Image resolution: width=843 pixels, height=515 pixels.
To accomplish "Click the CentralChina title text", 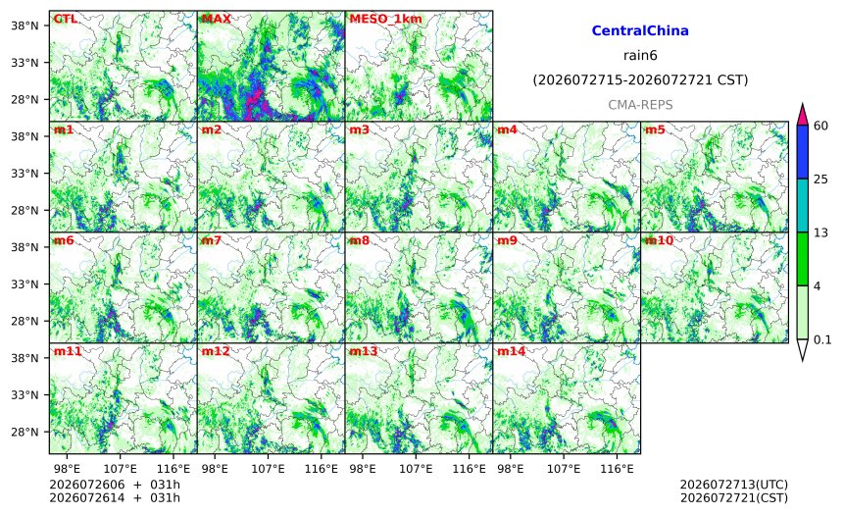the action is coord(640,30).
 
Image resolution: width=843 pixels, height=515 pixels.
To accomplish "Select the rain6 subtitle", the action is coord(640,56).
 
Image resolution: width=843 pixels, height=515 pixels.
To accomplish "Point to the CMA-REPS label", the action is coord(640,105).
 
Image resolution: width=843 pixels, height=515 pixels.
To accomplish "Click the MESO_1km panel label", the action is coord(385,19).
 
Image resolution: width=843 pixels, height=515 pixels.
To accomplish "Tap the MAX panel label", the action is coord(216,19).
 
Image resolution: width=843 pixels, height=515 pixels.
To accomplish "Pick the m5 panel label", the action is coord(654,129).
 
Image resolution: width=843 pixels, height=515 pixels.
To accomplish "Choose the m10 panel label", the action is coord(659,240).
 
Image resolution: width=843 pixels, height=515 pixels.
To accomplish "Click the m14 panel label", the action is coord(511,351).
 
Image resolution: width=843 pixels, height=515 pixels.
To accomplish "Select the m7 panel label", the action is coord(212,240).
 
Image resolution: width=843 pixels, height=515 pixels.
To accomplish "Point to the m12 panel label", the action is coord(216,351).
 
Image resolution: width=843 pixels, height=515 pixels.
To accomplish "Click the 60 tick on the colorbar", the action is coord(820,126).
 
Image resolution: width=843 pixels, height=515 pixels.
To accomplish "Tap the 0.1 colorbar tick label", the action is coord(822,339).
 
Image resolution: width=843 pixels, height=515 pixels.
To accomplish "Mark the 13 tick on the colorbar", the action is coord(820,232).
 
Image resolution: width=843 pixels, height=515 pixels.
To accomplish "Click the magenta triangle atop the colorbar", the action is coord(802,115).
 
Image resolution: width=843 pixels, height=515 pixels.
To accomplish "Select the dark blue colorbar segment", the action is coord(802,152).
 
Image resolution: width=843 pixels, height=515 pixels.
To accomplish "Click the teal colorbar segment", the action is coord(802,206).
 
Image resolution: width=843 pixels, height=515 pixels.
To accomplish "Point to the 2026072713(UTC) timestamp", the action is coord(734,486).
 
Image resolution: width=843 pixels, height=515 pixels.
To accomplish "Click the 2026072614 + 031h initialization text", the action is coord(115,497).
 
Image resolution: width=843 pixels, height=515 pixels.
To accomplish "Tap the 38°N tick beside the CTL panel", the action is coord(25,26).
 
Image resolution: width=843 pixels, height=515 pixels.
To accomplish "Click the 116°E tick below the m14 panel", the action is coord(617,469).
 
